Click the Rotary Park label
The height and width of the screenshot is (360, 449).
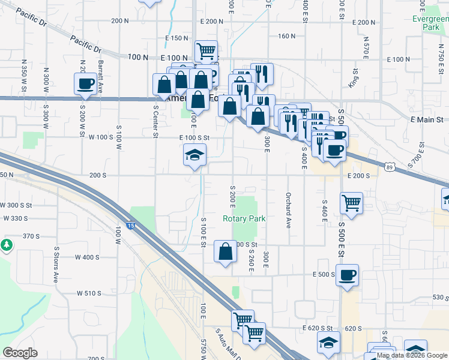244,219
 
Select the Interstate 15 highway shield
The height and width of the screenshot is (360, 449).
131,226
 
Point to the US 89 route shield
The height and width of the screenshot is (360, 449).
390,164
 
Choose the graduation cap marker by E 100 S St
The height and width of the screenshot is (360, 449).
194,155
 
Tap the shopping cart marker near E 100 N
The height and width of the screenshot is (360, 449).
206,51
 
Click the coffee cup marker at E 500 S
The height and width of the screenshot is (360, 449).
347,276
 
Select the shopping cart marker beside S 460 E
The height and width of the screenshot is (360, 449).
351,202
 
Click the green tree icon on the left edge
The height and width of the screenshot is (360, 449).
6,245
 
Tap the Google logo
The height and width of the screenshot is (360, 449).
20,353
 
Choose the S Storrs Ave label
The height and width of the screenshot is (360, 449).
58,265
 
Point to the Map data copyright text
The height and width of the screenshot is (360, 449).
412,355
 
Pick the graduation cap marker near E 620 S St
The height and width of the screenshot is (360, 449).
328,343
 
